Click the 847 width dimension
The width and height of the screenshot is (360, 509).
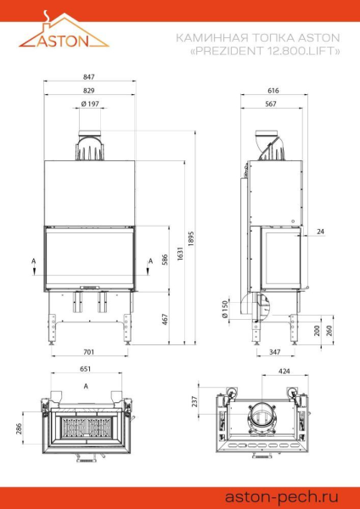pos(89,77)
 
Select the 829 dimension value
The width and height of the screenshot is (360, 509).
pos(89,90)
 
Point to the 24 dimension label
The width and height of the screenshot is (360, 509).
pos(320,231)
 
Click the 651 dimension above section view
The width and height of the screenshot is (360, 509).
pos(85,370)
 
